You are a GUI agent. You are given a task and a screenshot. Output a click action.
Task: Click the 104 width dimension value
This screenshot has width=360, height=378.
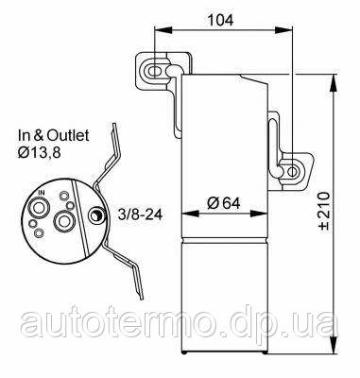pos(223,20)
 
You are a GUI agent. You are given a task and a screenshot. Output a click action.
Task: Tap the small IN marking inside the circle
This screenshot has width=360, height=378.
pos(41,192)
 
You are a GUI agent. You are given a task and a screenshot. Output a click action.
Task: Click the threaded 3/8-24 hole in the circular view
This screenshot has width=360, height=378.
pos(94,217)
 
